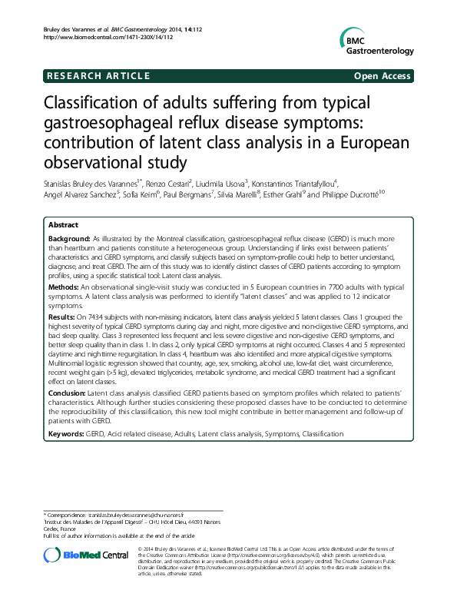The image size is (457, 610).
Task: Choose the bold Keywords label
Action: pos(66,434)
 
